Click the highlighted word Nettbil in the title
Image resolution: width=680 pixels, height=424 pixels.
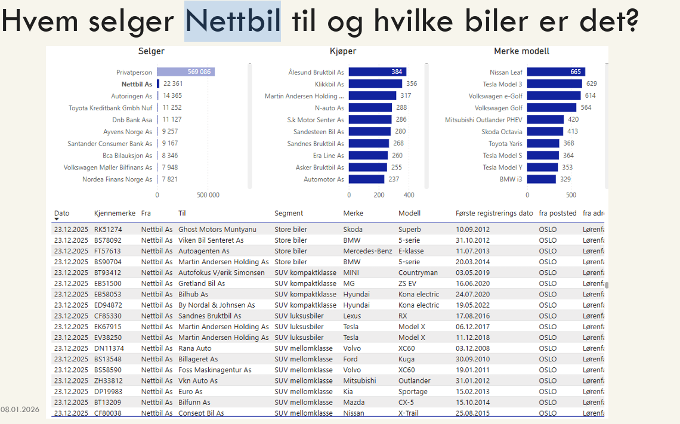pos(233,21)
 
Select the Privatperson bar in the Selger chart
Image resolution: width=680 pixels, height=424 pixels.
pos(186,72)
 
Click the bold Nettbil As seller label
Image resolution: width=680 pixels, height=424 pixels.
pos(137,84)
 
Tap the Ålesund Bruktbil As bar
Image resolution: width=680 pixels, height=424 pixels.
pos(377,72)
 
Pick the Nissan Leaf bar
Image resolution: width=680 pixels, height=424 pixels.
pos(555,72)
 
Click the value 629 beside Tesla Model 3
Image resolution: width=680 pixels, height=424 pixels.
pos(591,84)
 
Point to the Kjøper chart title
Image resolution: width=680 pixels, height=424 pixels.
pos(343,51)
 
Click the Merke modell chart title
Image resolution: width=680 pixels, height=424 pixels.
pos(521,51)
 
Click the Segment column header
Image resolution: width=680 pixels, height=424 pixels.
pos(289,213)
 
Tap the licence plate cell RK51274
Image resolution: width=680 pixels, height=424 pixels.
pos(108,230)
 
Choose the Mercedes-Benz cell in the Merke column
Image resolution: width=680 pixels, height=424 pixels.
pos(367,251)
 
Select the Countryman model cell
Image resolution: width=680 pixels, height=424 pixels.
pos(418,273)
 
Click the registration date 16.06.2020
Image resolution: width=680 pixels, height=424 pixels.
pos(473,283)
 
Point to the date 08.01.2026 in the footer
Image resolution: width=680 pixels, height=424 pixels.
pos(20,410)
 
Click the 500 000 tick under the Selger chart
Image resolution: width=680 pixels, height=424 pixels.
pos(208,195)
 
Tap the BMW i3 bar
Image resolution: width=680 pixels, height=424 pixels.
pos(541,179)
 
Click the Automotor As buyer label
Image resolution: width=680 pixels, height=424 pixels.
pos(323,179)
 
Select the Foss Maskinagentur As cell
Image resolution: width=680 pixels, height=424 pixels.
pos(215,370)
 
